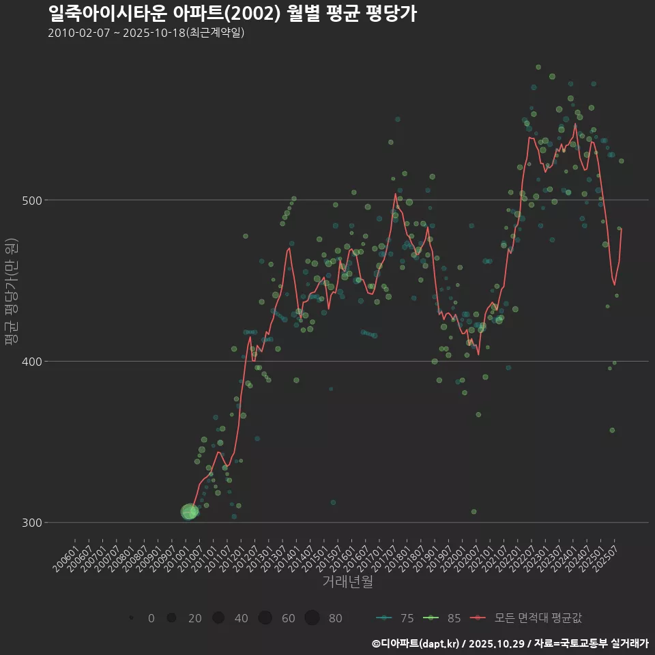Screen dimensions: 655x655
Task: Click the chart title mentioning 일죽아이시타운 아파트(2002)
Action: pyautogui.click(x=232, y=13)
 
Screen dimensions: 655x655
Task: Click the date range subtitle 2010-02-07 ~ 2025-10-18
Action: pyautogui.click(x=146, y=33)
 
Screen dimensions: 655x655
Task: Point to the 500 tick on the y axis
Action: pyautogui.click(x=29, y=200)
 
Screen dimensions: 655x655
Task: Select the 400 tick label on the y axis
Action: pyautogui.click(x=29, y=361)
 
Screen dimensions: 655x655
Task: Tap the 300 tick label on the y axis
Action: pyautogui.click(x=29, y=523)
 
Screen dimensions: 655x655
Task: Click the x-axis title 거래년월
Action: pyautogui.click(x=347, y=583)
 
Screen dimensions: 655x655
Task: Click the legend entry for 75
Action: pyautogui.click(x=396, y=618)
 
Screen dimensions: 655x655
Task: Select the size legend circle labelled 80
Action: pyautogui.click(x=312, y=618)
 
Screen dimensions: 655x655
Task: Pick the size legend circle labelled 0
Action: pyautogui.click(x=130, y=618)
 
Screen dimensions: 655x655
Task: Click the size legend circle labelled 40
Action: pyautogui.click(x=218, y=618)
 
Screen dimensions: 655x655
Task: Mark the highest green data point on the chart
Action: pyautogui.click(x=538, y=67)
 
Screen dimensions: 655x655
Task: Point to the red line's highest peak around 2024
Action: pyautogui.click(x=575, y=124)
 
